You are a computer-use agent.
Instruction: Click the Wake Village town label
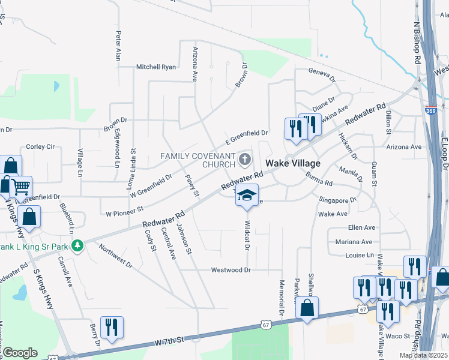coord(293,163)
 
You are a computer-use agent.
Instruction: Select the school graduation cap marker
coord(247,196)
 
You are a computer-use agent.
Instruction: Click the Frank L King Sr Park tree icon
coord(77,245)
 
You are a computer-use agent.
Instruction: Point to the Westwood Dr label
coord(231,270)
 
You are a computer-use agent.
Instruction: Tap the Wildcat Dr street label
coord(247,235)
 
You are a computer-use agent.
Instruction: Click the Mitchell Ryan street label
coord(156,67)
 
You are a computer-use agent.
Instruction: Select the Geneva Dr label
coord(321,73)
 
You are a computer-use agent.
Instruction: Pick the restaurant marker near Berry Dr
coord(112,327)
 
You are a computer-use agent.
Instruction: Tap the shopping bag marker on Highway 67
coord(307,308)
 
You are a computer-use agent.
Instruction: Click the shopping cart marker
coord(21,187)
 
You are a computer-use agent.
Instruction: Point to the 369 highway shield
coord(430,110)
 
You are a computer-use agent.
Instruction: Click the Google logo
coord(20,353)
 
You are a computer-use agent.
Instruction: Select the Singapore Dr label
coord(337,199)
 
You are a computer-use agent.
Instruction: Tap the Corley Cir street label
coord(40,146)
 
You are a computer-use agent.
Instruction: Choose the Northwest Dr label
coord(115,255)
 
